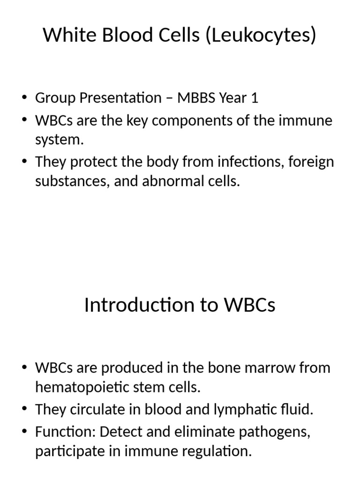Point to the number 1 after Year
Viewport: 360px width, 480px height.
[255, 98]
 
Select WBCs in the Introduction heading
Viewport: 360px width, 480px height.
[250, 305]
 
